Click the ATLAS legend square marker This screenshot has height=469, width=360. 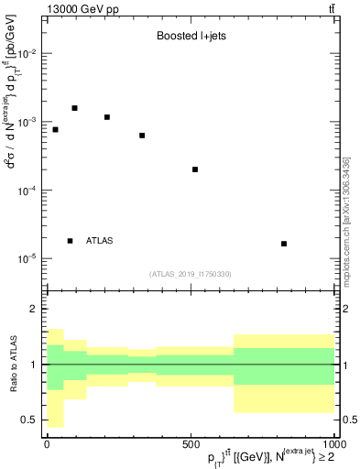tap(71, 241)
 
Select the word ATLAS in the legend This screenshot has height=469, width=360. tap(100, 241)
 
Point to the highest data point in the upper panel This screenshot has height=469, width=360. tap(75, 108)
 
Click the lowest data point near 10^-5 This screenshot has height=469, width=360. tap(284, 244)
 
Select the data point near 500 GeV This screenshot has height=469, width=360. tap(195, 169)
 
